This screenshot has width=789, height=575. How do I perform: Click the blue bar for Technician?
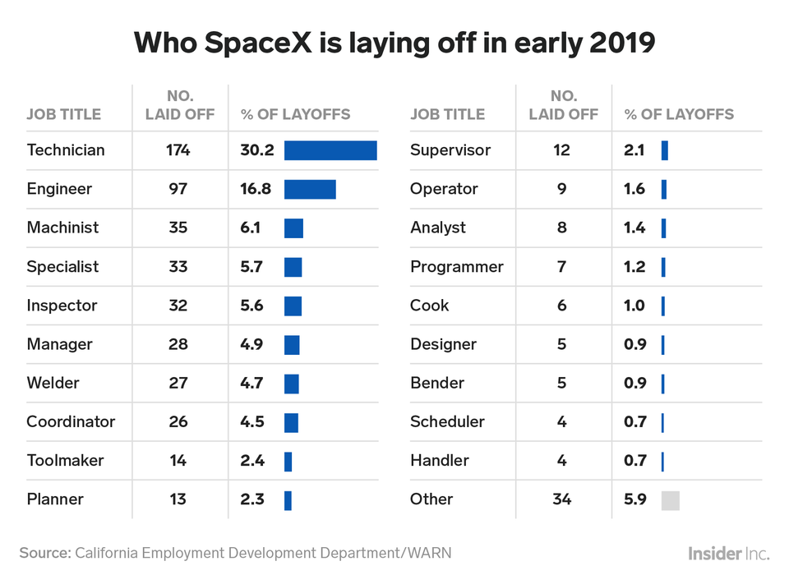[x=330, y=150]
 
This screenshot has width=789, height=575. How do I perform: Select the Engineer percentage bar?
[x=310, y=189]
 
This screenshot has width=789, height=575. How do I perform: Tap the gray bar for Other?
[x=671, y=500]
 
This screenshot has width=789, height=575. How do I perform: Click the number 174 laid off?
[x=178, y=150]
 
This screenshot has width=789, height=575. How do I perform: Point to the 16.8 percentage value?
[x=256, y=189]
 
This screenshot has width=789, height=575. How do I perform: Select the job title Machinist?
[x=63, y=228]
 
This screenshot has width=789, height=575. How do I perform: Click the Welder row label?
[x=53, y=383]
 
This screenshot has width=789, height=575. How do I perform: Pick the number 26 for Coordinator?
[x=178, y=421]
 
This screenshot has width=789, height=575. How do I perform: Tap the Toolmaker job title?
[x=66, y=460]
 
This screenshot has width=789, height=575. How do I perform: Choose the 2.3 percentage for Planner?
[x=252, y=499]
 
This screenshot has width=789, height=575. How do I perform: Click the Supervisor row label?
[x=450, y=150]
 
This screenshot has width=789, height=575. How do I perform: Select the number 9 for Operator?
[x=562, y=189]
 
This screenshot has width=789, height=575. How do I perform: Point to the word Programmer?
[x=457, y=267]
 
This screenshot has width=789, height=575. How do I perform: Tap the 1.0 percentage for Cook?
[x=634, y=306]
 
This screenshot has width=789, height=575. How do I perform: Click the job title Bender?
[x=437, y=383]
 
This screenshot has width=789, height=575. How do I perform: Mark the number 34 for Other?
[x=562, y=499]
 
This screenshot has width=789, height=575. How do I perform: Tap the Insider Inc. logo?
[x=729, y=554]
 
